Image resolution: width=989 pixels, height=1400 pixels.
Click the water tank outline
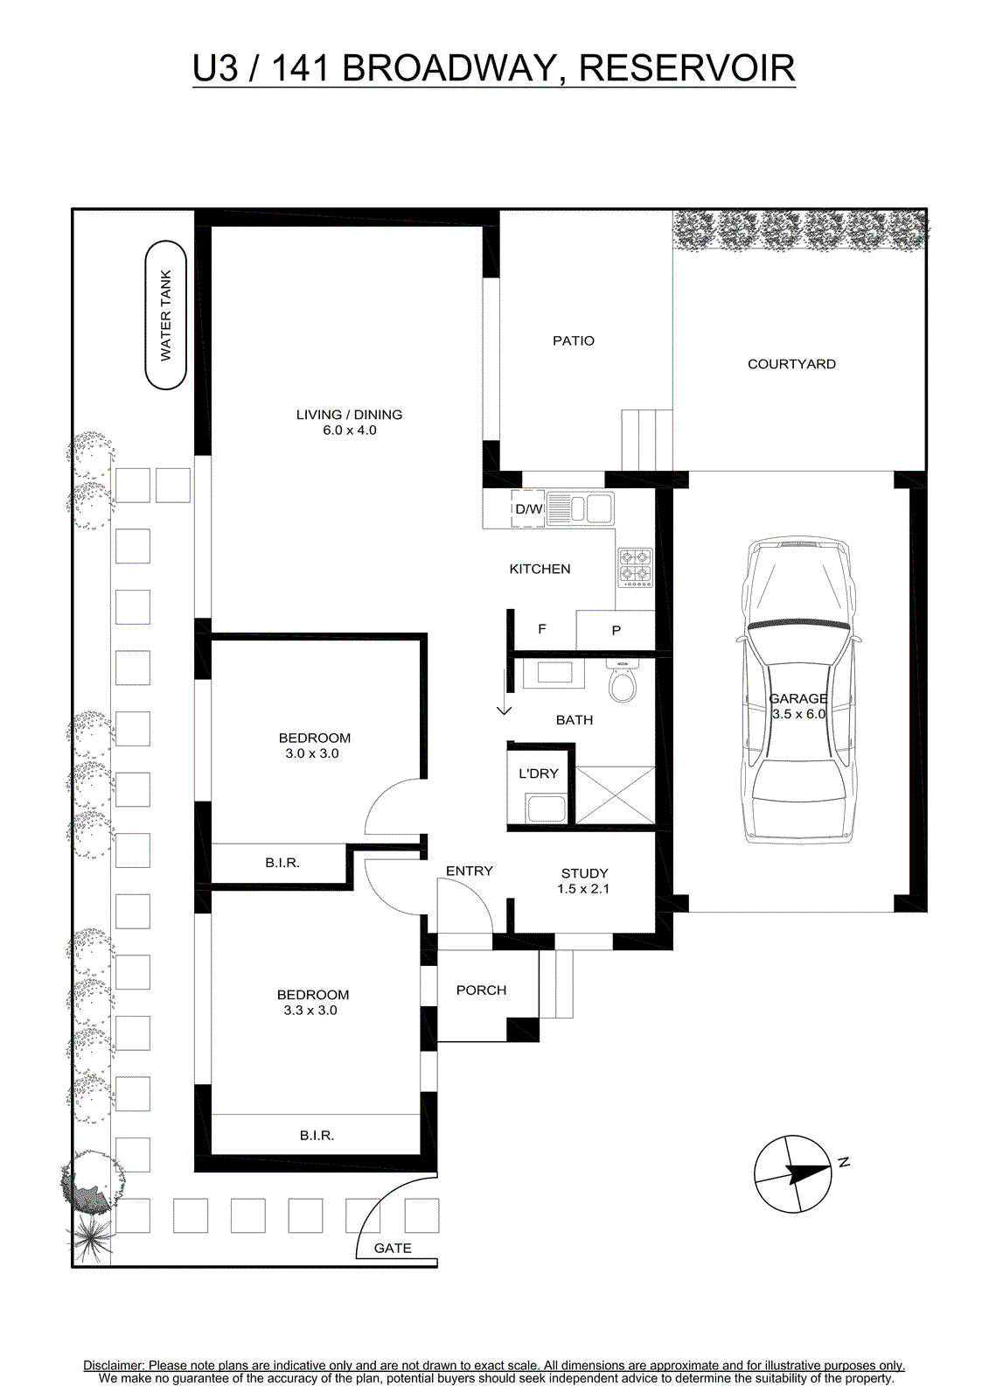pos(145,315)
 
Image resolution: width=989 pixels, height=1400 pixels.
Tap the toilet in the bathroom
pos(623,682)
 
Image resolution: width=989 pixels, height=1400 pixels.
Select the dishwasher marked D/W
pos(528,508)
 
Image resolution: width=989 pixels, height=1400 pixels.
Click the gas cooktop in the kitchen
pos(636,568)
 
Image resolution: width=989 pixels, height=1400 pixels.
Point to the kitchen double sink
pos(581,508)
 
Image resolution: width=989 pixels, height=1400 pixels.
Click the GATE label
pos(393,1248)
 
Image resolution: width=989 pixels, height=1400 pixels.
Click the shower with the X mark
pos(615,795)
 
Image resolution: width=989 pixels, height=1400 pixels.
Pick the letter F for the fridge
pos(542,629)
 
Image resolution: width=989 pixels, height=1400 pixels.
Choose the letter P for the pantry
pos(616,631)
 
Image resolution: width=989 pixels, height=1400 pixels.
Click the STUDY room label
pos(584,873)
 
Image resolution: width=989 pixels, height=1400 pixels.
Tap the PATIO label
pos(574,340)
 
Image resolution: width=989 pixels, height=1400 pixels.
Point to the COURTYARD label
pos(791,364)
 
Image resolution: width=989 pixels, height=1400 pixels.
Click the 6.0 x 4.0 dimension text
pos(349,430)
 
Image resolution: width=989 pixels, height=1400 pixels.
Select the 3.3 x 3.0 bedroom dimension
pos(310,1010)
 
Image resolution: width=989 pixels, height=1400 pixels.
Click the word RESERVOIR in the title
pos(686,68)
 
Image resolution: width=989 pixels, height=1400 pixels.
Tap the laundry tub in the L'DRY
pos(546,808)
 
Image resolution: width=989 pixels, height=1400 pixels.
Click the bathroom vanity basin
pos(554,674)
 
